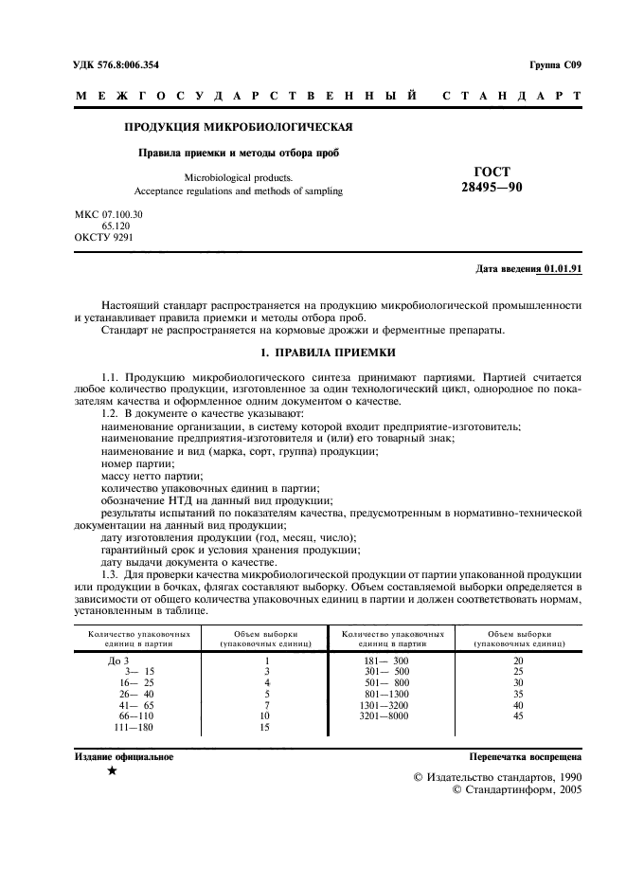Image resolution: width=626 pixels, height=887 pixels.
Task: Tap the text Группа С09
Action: tap(554, 64)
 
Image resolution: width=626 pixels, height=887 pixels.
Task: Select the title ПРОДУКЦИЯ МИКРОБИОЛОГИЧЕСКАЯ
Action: tap(240, 126)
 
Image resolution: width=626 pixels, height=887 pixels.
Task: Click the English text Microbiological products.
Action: tap(239, 176)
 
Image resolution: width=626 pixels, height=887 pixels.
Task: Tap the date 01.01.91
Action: tap(563, 269)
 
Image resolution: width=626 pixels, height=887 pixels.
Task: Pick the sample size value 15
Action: tap(266, 727)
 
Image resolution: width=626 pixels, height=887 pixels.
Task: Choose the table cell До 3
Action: tap(117, 660)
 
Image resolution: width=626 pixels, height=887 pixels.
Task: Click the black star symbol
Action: tap(113, 771)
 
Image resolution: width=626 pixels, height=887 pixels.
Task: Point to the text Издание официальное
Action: tap(124, 757)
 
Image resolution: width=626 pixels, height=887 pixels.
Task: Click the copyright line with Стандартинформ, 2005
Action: tap(518, 787)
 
